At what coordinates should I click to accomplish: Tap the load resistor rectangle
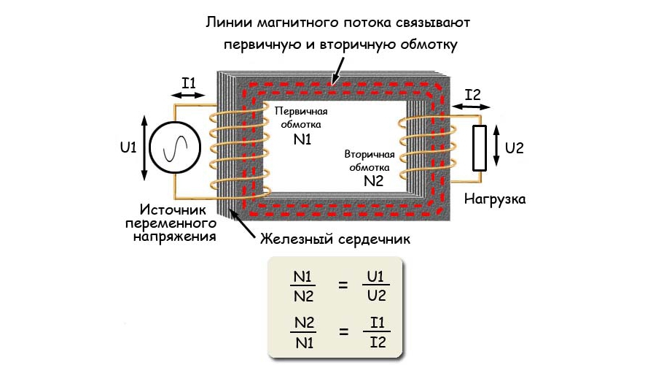coord(479,148)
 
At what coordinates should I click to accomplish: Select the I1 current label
coord(189,83)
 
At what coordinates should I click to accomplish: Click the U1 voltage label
coord(128,147)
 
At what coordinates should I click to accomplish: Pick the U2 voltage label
coord(515,147)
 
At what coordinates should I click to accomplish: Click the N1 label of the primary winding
coord(302,139)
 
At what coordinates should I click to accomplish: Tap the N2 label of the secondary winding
coord(372,181)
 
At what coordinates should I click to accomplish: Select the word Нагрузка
coord(497,198)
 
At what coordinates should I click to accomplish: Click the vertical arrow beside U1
coord(145,148)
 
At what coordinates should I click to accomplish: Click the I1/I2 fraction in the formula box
coord(376,332)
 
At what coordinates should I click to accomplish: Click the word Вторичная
coord(370,155)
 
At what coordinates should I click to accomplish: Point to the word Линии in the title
coord(226,22)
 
